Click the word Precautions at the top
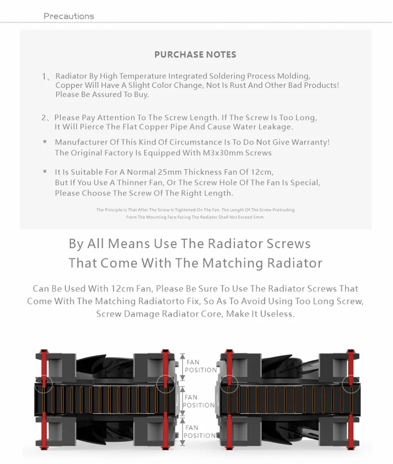69,16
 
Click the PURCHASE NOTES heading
195,55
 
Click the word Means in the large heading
125,243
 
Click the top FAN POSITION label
199,366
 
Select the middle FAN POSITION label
198,401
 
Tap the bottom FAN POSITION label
199,432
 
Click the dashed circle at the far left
43,383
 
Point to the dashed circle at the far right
351,383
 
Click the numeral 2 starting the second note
44,118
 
